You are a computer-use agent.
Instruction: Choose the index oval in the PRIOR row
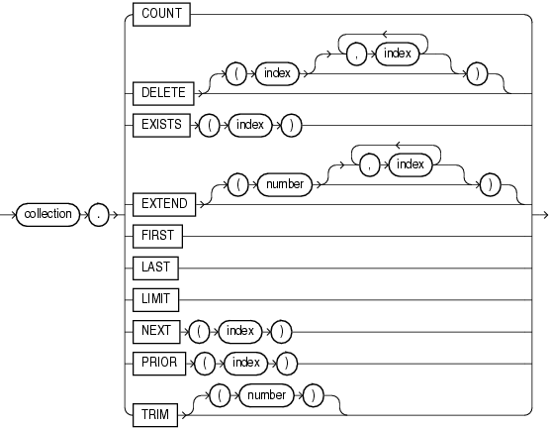[246, 363]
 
